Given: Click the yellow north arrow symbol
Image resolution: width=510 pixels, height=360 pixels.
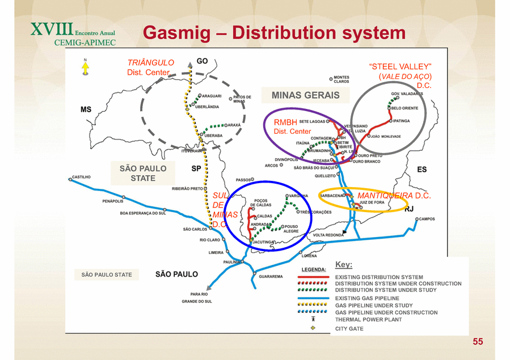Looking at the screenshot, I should click(x=85, y=69).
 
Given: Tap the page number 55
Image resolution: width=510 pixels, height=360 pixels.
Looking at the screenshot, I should click(x=478, y=341).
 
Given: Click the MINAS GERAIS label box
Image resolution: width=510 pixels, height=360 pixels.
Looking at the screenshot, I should click(x=305, y=95).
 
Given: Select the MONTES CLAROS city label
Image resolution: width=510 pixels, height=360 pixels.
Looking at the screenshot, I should click(x=342, y=79).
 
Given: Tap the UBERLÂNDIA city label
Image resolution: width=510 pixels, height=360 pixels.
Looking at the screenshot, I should click(x=206, y=107).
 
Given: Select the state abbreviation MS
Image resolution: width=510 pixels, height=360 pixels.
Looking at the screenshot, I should click(x=86, y=109).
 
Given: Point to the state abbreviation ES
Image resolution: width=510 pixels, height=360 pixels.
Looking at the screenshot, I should click(x=422, y=170).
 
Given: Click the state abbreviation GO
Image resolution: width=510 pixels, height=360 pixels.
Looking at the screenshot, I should click(x=202, y=61).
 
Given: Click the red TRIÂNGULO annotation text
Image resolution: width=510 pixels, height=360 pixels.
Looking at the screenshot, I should click(x=150, y=62).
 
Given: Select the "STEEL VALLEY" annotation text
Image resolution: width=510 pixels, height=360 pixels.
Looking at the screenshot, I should click(x=400, y=67).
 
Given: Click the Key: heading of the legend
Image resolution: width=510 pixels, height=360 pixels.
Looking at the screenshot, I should click(x=344, y=265).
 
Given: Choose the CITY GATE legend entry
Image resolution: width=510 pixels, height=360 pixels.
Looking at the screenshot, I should click(x=349, y=329).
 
